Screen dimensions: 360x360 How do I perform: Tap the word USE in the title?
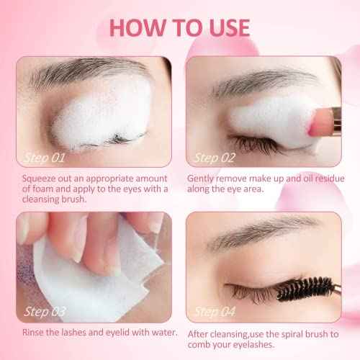tap(225, 27)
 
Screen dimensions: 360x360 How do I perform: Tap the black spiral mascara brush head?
tap(303, 292)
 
